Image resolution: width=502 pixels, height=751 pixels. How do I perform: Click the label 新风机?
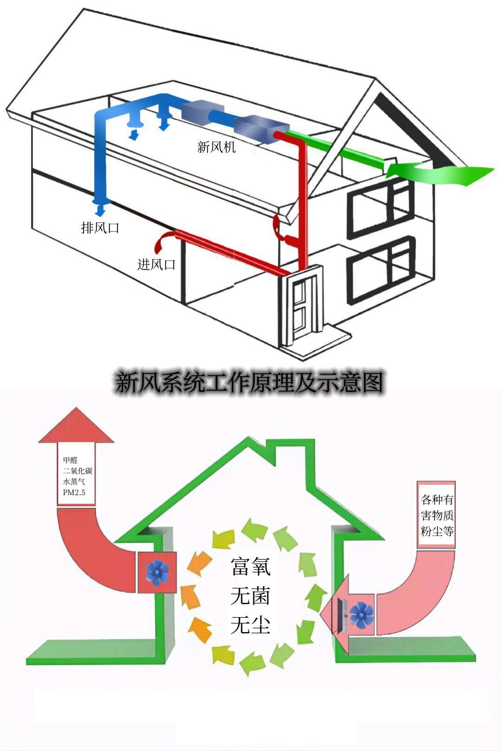pos(217,147)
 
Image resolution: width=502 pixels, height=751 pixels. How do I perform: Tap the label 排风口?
pos(100,228)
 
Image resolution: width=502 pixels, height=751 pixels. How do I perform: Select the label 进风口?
pos(157,265)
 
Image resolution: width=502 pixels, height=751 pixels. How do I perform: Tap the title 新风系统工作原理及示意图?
pos(250,383)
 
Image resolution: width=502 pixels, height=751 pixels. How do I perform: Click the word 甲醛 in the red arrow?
pos(70,460)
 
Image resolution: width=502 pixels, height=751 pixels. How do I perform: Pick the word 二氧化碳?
pos(78,471)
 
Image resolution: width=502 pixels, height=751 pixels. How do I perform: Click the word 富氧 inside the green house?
pos(251,566)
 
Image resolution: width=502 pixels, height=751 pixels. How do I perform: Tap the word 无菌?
pos(251,595)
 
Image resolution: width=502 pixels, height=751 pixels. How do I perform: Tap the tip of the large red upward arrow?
pos(76,411)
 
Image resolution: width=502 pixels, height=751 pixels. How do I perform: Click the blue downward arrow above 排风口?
pos(99,209)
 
